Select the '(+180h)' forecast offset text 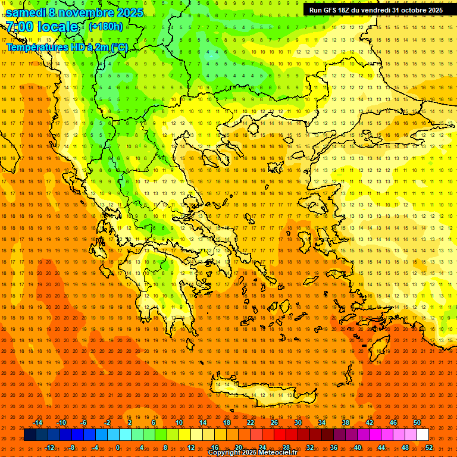105,26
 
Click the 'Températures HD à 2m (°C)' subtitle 67,47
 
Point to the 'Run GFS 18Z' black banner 375,10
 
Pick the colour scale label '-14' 37,422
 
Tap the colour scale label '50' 417,422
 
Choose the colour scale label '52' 429,447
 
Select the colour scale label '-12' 49,447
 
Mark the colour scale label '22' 251,422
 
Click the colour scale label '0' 118,447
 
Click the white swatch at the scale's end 423,434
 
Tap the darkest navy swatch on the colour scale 30,434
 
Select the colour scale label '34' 322,422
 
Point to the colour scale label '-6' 84,422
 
